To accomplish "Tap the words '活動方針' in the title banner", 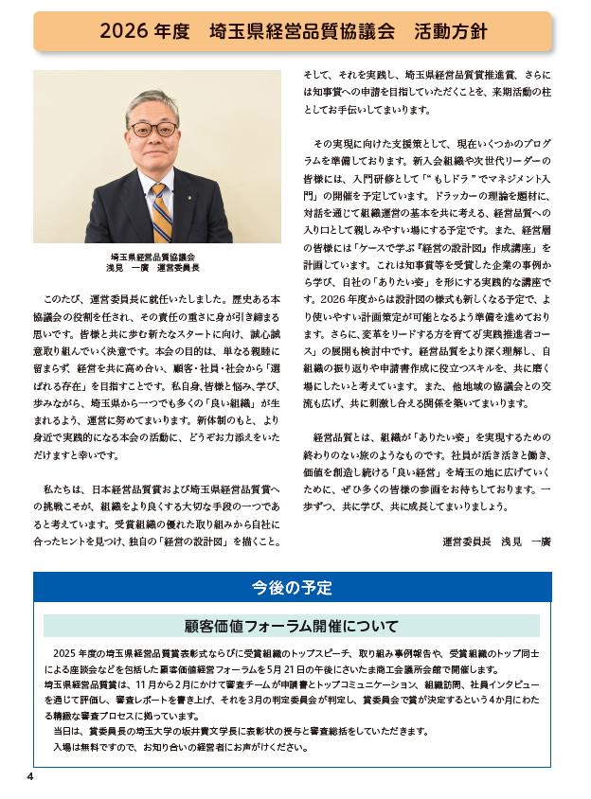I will (451, 31).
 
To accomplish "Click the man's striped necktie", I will (161, 211).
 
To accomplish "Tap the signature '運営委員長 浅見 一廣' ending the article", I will (496, 542).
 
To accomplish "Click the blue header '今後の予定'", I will (293, 588).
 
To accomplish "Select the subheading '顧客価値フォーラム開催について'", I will (292, 626).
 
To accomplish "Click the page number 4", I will (30, 777).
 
